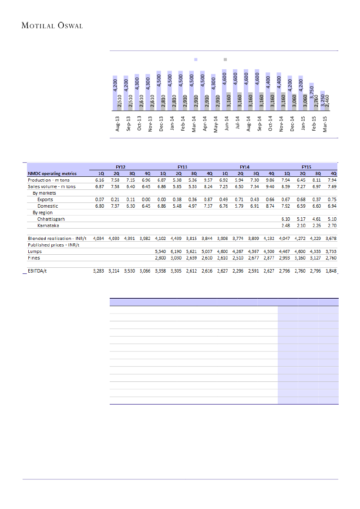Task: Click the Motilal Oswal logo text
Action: coord(52,26)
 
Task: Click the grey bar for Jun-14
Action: coord(229,101)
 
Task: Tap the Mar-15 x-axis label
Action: coord(325,124)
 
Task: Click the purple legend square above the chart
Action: coord(196,59)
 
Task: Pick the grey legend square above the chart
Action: coord(225,59)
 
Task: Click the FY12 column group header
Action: coord(121,166)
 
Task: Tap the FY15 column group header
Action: coord(307,166)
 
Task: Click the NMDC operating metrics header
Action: coord(52,173)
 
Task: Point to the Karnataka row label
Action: coord(48,226)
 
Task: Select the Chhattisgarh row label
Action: coord(51,219)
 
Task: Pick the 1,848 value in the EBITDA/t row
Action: coord(331,271)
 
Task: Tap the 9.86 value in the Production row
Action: coord(271,180)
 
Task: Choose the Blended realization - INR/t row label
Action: coord(57,238)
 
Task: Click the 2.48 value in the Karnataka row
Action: coord(286,226)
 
